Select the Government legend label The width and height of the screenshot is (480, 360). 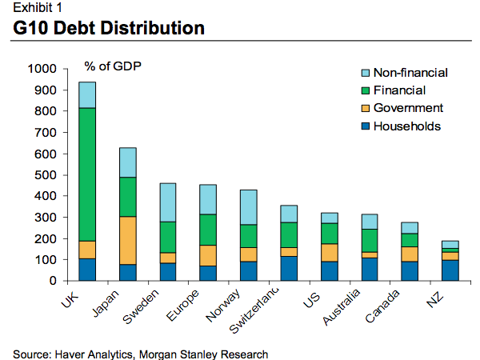pos(408,108)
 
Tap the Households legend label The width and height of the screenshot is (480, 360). pos(407,126)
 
